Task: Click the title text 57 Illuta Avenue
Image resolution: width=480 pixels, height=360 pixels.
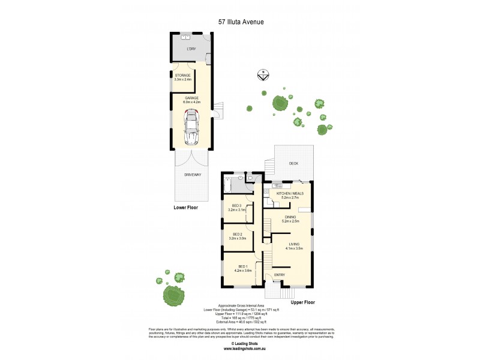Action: click(240, 22)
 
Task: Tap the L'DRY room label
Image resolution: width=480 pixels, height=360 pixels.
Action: click(191, 49)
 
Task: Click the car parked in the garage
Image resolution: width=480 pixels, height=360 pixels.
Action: click(191, 129)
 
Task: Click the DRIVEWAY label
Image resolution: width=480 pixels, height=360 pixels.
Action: click(191, 175)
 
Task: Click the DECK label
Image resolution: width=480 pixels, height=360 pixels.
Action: click(293, 163)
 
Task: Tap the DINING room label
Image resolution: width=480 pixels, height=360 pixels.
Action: click(290, 219)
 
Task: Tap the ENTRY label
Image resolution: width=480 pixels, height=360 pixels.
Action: click(280, 275)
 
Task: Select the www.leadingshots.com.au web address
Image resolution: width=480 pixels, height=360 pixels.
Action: click(240, 348)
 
